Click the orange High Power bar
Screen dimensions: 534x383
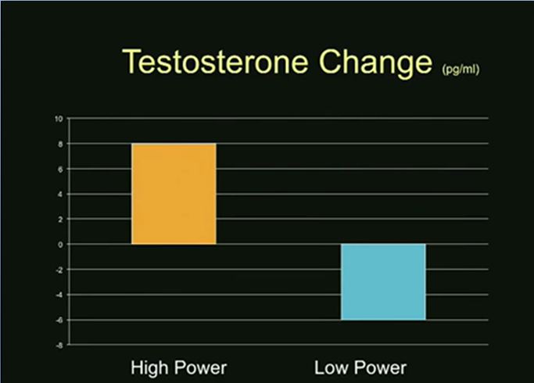(174, 194)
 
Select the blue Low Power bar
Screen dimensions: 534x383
(383, 282)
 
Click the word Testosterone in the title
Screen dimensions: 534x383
(215, 61)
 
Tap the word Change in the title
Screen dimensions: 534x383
(375, 63)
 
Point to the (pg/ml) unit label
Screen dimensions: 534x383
(461, 70)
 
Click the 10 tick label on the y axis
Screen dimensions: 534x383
(59, 119)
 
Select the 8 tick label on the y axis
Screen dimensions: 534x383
(61, 144)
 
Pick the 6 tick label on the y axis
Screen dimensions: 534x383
(61, 169)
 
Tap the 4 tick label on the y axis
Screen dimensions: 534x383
(61, 195)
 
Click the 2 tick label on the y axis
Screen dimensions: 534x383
(61, 220)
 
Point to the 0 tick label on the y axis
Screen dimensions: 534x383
(61, 245)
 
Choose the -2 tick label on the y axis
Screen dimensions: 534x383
(59, 270)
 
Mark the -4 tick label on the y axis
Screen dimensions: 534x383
(59, 295)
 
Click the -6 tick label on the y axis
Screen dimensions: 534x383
(59, 320)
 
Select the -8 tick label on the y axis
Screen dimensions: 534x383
(59, 345)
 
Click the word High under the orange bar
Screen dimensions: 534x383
(149, 368)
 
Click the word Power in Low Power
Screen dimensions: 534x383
(381, 367)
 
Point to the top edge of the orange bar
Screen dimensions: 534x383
(174, 144)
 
